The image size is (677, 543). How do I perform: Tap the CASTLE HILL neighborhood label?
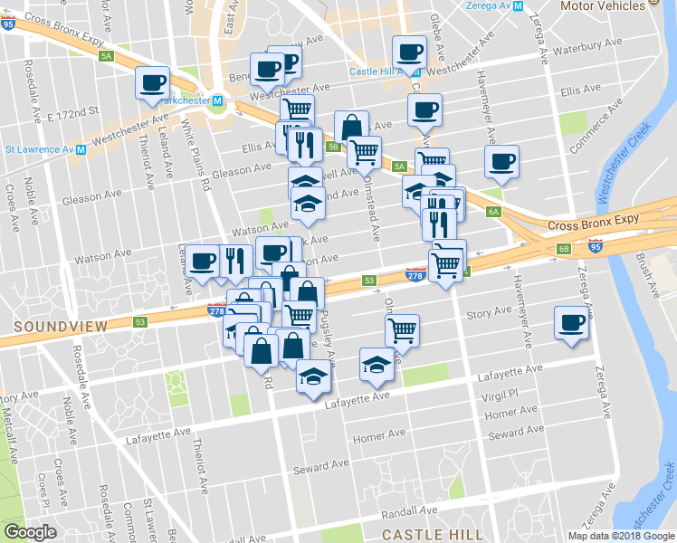point(433,534)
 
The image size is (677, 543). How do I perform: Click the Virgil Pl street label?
point(500,394)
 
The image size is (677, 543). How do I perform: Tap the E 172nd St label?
point(72,113)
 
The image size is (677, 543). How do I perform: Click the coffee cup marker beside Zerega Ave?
point(571,322)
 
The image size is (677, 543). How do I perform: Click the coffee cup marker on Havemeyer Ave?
point(501,161)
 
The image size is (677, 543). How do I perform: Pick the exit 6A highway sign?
point(493,212)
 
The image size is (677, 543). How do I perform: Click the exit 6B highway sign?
point(563,248)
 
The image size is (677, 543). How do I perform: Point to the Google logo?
point(30,532)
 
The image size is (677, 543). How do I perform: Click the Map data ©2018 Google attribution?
point(620,536)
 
